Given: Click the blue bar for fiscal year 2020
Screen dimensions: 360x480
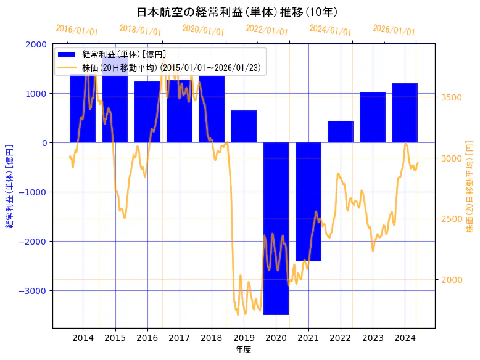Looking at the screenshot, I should pyautogui.click(x=276, y=228).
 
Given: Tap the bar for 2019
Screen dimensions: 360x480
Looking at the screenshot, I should pyautogui.click(x=244, y=126).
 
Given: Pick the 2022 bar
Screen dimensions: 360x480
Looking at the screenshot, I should pyautogui.click(x=340, y=131).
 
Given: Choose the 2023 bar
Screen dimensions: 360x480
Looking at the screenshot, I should pyautogui.click(x=373, y=117).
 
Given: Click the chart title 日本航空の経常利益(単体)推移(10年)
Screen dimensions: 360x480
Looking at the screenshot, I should pyautogui.click(x=237, y=12).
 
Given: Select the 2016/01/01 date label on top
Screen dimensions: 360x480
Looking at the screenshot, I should pyautogui.click(x=77, y=30).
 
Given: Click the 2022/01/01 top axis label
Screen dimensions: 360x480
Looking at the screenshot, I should pyautogui.click(x=267, y=30).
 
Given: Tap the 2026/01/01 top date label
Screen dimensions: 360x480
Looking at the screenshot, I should pyautogui.click(x=394, y=30).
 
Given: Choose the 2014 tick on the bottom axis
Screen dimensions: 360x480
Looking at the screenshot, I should pyautogui.click(x=83, y=338).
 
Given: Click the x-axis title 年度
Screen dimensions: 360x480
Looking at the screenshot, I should pyautogui.click(x=243, y=350).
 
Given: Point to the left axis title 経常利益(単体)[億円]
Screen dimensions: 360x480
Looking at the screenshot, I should pyautogui.click(x=9, y=186).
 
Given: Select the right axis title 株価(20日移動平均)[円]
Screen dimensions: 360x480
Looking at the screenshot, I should pyautogui.click(x=470, y=186).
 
